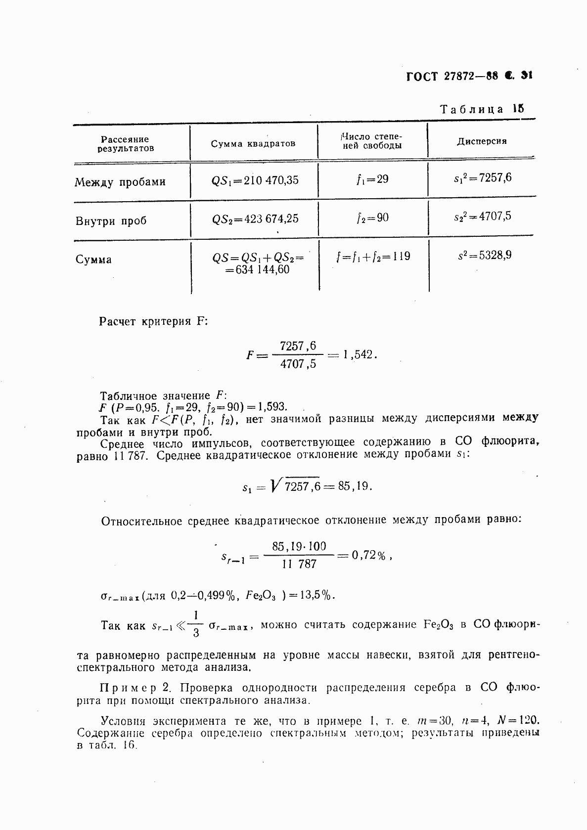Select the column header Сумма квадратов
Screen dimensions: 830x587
(x=253, y=144)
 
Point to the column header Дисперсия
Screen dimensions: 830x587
(x=481, y=141)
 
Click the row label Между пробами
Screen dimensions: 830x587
(x=120, y=182)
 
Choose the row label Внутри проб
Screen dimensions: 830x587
(x=111, y=220)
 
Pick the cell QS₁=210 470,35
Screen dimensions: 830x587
(x=255, y=180)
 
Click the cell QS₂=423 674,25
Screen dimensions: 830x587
(x=255, y=218)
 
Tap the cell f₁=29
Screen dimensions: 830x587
(x=372, y=179)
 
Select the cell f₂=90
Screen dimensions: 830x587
(x=372, y=217)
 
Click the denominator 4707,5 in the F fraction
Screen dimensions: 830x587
(x=298, y=366)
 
